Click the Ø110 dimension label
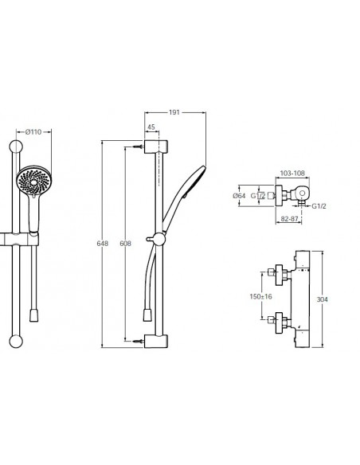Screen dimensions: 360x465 [33, 131]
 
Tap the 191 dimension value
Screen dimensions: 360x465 [174, 112]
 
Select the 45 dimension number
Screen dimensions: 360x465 [151, 127]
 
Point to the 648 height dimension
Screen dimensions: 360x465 [103, 243]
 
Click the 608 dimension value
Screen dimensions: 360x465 [125, 243]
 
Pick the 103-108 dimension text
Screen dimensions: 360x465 [292, 174]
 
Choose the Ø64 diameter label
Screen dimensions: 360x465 [239, 196]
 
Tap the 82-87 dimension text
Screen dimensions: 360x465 [289, 219]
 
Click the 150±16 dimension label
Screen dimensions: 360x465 [260, 296]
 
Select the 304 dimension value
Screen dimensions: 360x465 [323, 299]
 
